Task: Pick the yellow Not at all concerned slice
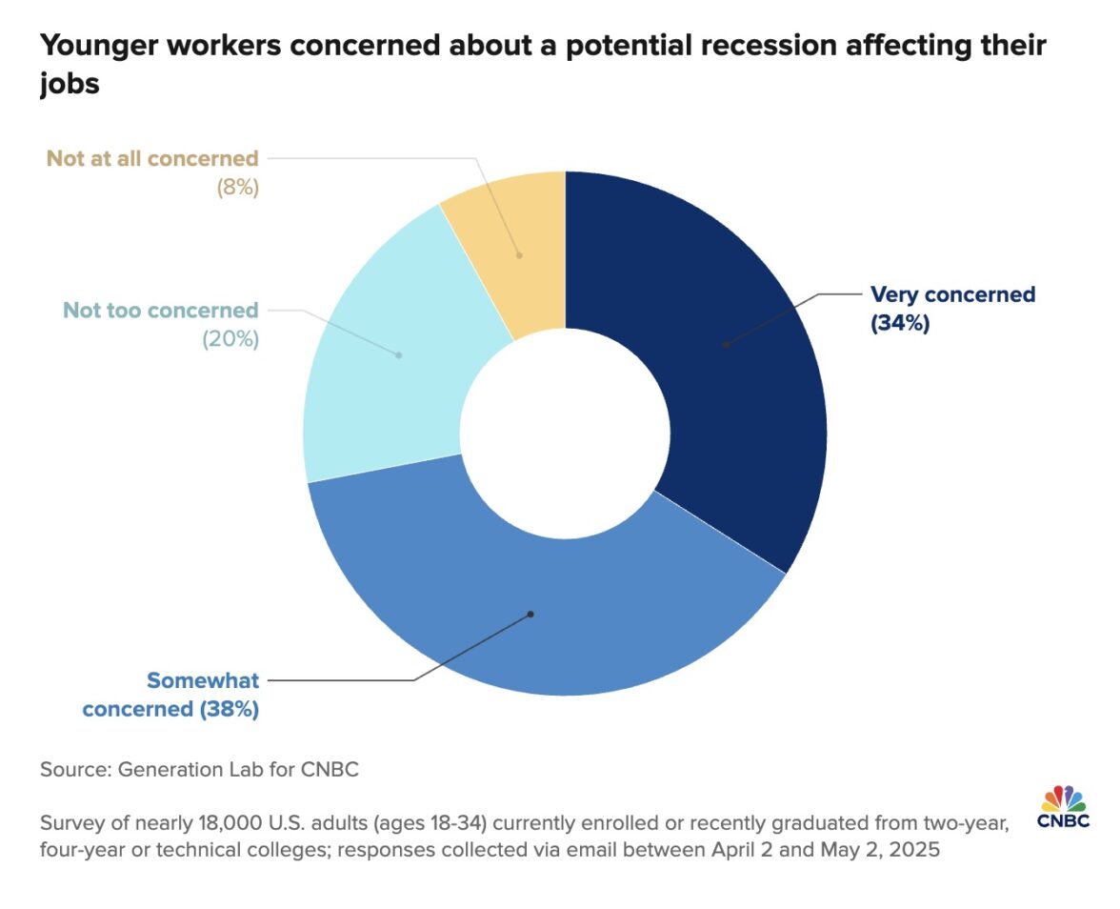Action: click(514, 248)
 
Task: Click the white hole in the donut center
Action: click(565, 434)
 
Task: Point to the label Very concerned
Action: click(952, 294)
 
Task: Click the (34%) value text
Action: click(900, 323)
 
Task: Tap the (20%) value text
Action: click(230, 338)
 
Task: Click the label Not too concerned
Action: click(160, 310)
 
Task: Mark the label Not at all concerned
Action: click(152, 158)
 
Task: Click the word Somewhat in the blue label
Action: click(202, 680)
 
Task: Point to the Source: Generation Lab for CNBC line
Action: click(199, 769)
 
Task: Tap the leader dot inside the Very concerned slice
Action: click(726, 344)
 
